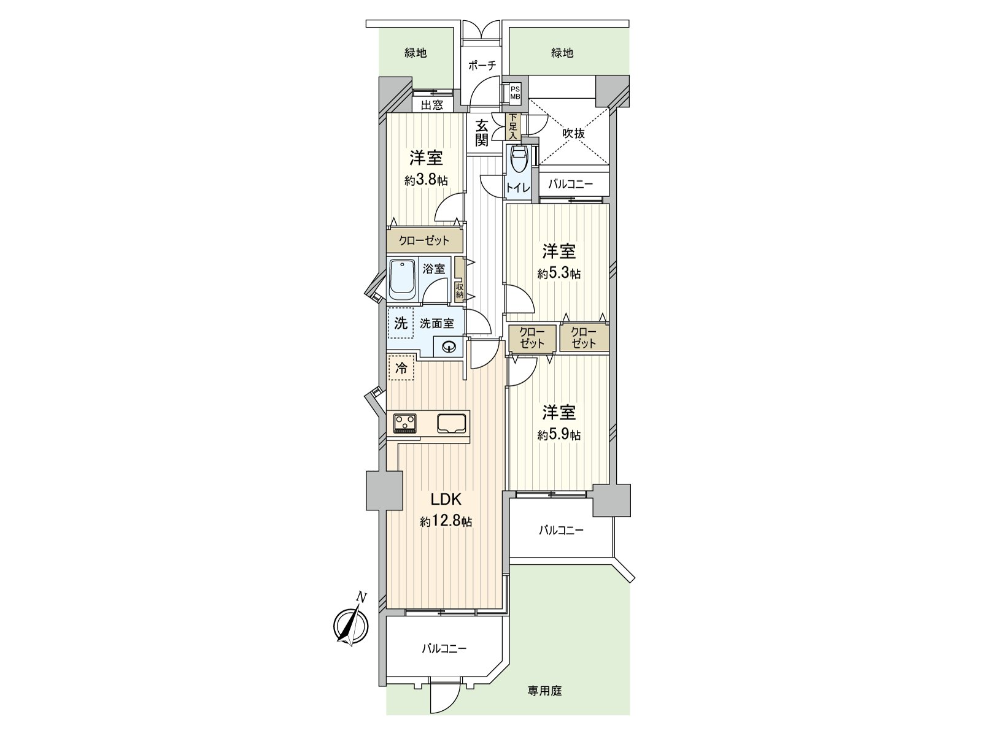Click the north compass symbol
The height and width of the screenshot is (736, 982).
(x=352, y=626)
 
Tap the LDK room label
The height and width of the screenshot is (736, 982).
(x=446, y=499)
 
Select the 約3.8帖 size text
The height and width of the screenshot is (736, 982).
(x=426, y=180)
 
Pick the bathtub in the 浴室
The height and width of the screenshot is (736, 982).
(x=403, y=280)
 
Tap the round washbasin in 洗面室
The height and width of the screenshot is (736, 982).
(x=448, y=347)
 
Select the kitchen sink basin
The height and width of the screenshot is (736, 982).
(x=451, y=423)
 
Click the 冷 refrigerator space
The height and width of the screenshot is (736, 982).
(x=401, y=368)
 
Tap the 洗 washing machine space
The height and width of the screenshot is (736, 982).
(x=401, y=323)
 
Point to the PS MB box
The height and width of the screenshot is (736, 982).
(x=515, y=93)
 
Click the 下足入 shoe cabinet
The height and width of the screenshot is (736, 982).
(x=512, y=126)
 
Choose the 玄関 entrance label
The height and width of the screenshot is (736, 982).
(x=481, y=132)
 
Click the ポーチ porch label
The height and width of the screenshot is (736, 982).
(x=482, y=66)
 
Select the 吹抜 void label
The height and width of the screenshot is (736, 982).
(x=573, y=133)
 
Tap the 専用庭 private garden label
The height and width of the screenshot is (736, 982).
(x=544, y=691)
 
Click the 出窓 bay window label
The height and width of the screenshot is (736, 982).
(x=432, y=105)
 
